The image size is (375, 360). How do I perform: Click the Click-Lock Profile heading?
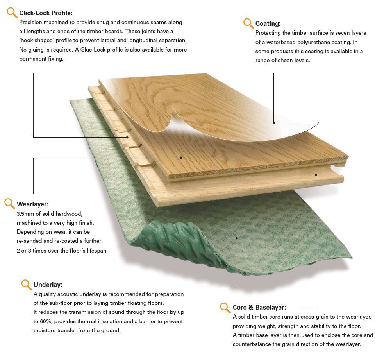[46, 13]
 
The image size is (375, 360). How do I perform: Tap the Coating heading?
[268, 23]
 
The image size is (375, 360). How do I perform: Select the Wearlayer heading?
[32, 204]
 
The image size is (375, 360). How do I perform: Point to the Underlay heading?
[48, 285]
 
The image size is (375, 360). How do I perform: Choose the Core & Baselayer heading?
[259, 307]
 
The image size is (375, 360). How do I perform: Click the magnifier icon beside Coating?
[248, 23]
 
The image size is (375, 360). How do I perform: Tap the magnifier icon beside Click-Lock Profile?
[12, 13]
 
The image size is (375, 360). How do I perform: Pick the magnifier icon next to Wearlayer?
[9, 204]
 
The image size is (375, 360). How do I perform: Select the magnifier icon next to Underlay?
[26, 285]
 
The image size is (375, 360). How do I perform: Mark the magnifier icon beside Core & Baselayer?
[225, 308]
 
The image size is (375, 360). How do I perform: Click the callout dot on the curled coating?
[273, 123]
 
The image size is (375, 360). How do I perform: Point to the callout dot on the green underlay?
[237, 238]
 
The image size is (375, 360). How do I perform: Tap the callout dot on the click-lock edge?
[127, 137]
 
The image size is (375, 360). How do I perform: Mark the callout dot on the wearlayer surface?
[181, 158]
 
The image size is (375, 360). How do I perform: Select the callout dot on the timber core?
[316, 175]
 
